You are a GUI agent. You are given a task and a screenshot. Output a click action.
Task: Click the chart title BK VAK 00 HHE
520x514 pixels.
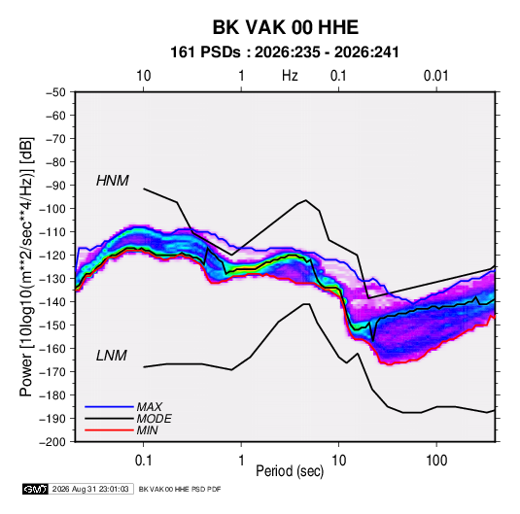tap(285, 27)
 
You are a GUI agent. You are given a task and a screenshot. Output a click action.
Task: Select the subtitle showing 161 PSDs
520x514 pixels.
tap(285, 52)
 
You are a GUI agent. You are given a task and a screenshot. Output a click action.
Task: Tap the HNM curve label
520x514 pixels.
tap(113, 181)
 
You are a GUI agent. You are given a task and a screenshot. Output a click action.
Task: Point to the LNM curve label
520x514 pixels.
tap(112, 356)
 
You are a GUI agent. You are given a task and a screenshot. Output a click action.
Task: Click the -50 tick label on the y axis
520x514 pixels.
tap(55, 92)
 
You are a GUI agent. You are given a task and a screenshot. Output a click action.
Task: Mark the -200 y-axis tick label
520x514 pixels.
tap(52, 442)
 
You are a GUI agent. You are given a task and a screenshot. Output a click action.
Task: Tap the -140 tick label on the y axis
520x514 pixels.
tap(52, 302)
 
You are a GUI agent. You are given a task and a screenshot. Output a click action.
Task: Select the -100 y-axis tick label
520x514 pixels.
tap(52, 209)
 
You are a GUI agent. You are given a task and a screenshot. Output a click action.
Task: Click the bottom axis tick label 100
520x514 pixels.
tap(436, 461)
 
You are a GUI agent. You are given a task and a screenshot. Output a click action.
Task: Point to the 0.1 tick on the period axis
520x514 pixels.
tap(143, 461)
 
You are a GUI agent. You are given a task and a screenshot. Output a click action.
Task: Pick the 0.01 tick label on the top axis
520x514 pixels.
tap(436, 76)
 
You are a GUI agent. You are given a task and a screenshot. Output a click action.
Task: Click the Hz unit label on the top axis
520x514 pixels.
tap(290, 76)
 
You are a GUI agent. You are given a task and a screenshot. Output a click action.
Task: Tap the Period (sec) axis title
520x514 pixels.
tap(290, 471)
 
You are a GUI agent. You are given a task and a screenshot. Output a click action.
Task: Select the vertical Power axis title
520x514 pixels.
tap(26, 267)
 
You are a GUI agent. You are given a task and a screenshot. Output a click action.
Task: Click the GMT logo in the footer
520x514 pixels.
tap(35, 489)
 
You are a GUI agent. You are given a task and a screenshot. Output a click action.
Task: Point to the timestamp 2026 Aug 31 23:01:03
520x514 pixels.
tap(90, 489)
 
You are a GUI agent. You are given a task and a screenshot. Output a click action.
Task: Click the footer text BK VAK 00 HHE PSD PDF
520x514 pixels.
tap(180, 489)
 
